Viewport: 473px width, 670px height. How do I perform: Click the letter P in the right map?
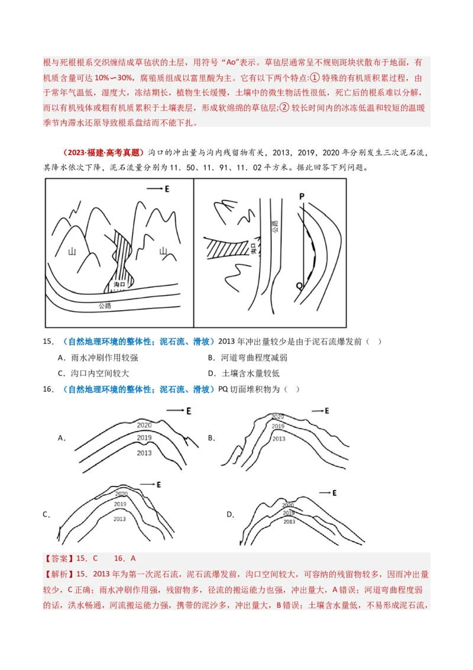pyautogui.click(x=302, y=196)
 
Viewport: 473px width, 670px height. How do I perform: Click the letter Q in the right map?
pyautogui.click(x=299, y=285)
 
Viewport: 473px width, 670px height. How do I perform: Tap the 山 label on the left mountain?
pyautogui.click(x=72, y=251)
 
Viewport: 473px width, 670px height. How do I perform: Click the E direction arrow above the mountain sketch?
pyautogui.click(x=158, y=189)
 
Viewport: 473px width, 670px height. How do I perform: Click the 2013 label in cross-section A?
pyautogui.click(x=144, y=453)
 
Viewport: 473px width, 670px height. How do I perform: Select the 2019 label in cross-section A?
pyautogui.click(x=144, y=438)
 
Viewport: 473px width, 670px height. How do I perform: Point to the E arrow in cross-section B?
pyautogui.click(x=320, y=411)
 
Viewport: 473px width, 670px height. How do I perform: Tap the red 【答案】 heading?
pyautogui.click(x=57, y=558)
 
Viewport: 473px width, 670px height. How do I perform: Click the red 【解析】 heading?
pyautogui.click(x=57, y=574)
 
